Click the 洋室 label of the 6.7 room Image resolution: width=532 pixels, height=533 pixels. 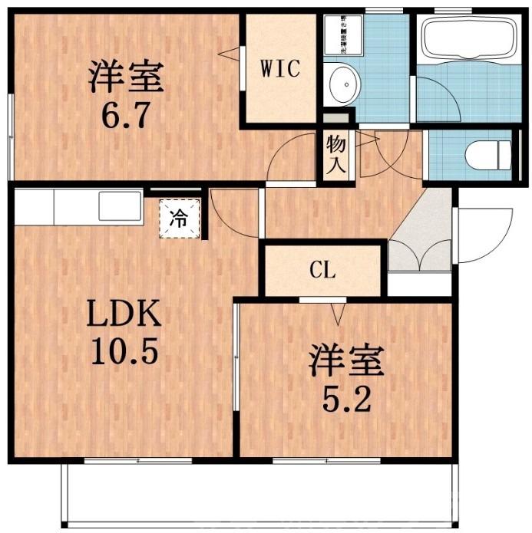point(126,77)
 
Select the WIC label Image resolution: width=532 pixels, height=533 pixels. point(279,68)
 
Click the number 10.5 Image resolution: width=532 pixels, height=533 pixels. point(125,352)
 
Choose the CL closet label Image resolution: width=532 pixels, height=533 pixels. point(322,270)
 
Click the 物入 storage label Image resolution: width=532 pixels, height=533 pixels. point(335,153)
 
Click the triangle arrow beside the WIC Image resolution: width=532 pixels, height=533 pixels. point(228,54)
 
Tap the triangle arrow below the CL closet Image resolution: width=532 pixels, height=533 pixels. point(336,312)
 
